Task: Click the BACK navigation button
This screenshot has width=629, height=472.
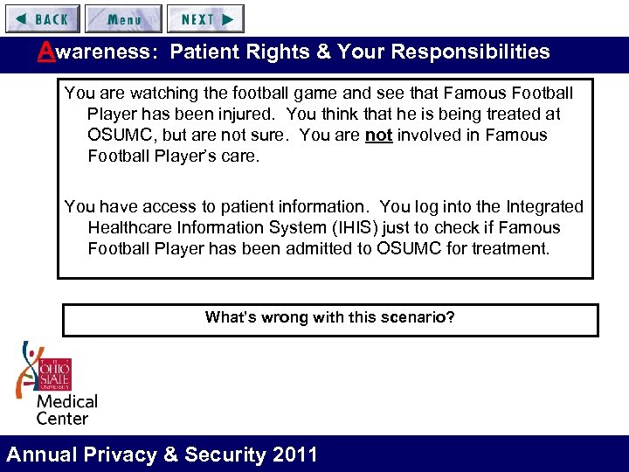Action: click(x=41, y=18)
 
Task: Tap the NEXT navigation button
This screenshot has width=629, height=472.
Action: click(x=205, y=18)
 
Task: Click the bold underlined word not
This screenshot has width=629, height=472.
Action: click(x=378, y=135)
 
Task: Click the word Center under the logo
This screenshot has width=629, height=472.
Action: click(x=62, y=418)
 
